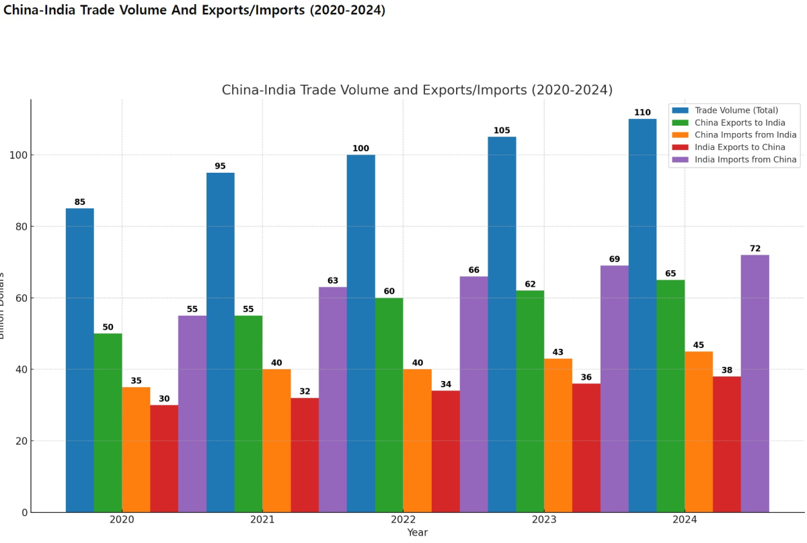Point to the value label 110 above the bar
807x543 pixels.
tap(642, 113)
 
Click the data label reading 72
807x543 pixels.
tap(755, 249)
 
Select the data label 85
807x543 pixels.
tap(79, 202)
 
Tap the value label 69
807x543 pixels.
tap(615, 259)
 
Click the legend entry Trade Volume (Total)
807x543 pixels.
tap(736, 110)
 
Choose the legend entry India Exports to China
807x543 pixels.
tap(740, 147)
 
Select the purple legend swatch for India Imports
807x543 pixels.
tap(681, 160)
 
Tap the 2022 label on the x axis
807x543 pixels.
tap(403, 520)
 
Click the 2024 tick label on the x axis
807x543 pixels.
tap(685, 520)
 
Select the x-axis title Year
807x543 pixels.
tap(417, 532)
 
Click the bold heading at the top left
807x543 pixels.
tap(194, 11)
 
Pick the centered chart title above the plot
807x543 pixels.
tap(417, 90)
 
